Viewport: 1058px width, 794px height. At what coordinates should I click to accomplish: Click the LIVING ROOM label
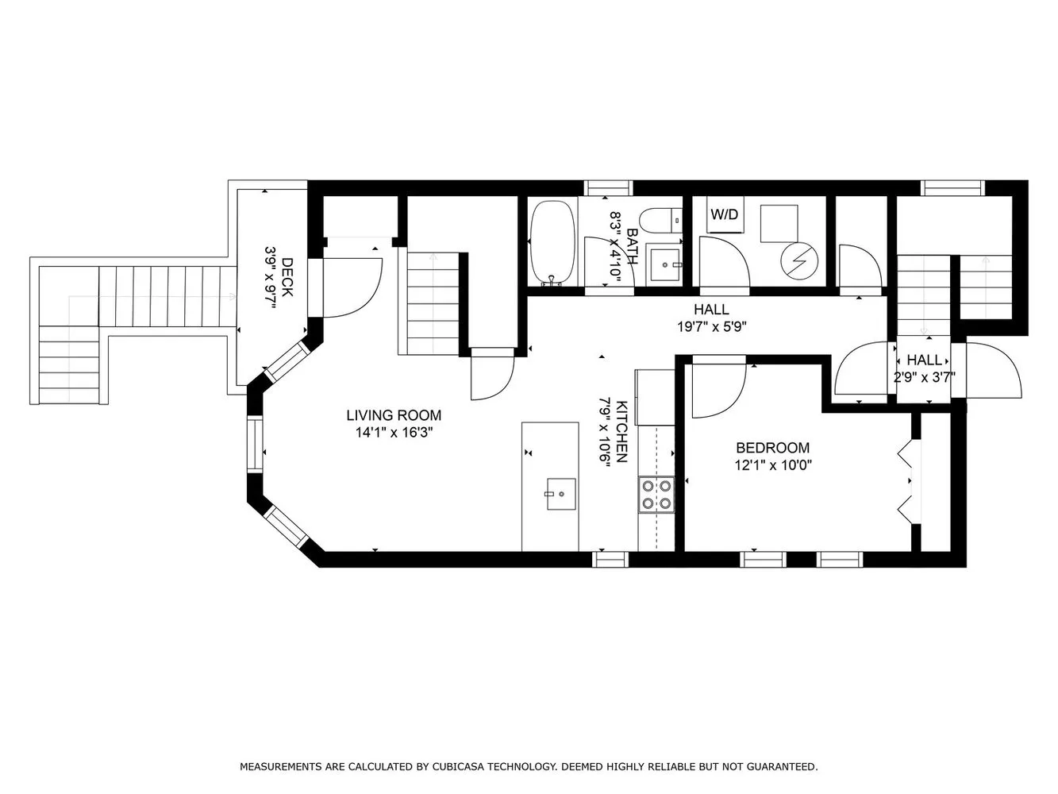394,415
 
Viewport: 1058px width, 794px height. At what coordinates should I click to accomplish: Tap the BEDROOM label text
772,448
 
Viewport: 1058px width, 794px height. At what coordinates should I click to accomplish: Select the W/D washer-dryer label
723,214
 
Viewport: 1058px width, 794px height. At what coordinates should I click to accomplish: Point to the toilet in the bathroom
661,219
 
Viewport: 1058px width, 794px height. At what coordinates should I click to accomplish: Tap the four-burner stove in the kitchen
656,494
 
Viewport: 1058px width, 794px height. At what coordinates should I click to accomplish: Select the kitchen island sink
560,493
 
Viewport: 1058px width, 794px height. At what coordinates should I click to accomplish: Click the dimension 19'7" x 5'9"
710,326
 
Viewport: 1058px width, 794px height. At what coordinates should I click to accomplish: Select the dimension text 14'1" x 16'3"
394,433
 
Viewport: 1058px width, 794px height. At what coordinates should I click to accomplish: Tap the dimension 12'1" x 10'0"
772,465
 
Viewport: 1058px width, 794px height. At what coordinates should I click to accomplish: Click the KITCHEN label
622,430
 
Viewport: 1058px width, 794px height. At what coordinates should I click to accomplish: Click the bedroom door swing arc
718,391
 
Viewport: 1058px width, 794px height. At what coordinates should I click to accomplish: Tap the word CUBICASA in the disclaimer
460,766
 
